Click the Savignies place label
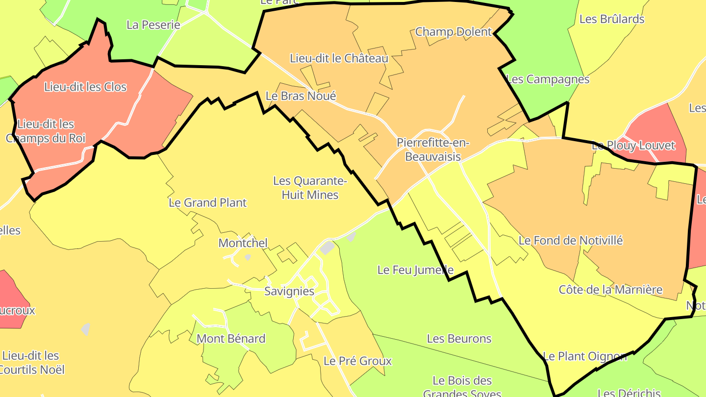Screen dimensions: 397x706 pyautogui.click(x=289, y=291)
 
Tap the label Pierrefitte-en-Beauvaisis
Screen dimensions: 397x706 pyautogui.click(x=433, y=149)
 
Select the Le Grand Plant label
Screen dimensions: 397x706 pyautogui.click(x=207, y=202)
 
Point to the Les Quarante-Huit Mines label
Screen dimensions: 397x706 pyautogui.click(x=310, y=188)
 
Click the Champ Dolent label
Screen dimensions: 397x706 pyautogui.click(x=453, y=32)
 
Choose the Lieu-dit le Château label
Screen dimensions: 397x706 pyautogui.click(x=339, y=58)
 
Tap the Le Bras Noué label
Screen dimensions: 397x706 pyautogui.click(x=301, y=96)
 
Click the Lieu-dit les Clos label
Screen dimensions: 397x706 pyautogui.click(x=85, y=87)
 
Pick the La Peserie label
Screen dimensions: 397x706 pyautogui.click(x=153, y=25)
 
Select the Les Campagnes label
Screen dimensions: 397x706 pyautogui.click(x=547, y=79)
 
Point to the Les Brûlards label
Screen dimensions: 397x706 pyautogui.click(x=612, y=19)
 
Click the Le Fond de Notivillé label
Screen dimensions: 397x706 pyautogui.click(x=571, y=241)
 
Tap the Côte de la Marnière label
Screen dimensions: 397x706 pyautogui.click(x=610, y=290)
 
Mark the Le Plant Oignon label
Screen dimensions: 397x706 pyautogui.click(x=584, y=356)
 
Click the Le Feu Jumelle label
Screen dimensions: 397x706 pyautogui.click(x=415, y=270)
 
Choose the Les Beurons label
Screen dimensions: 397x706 pyautogui.click(x=459, y=339)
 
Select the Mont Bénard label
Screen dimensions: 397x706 pyautogui.click(x=231, y=339)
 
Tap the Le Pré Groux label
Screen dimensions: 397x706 pyautogui.click(x=357, y=361)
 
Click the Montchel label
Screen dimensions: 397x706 pyautogui.click(x=243, y=243)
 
